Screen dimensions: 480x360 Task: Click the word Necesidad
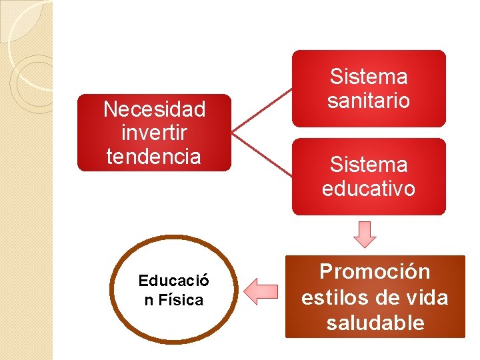click(154, 109)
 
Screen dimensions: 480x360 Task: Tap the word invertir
click(154, 133)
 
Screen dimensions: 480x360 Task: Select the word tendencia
click(154, 157)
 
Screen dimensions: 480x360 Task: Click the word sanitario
click(369, 101)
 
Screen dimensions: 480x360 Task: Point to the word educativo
click(369, 189)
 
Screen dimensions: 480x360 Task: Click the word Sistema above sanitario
click(369, 76)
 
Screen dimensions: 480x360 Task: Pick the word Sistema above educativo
click(369, 164)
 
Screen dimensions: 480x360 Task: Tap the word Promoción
click(375, 272)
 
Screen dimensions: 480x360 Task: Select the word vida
click(426, 297)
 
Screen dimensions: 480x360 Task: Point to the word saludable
click(375, 323)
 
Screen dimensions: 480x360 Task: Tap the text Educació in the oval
click(173, 281)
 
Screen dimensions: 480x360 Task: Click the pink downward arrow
click(365, 233)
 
